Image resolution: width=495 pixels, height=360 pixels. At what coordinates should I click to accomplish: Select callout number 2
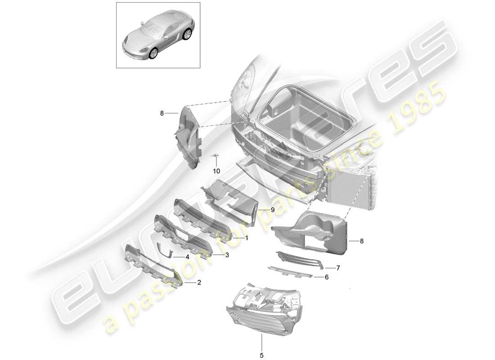click(x=199, y=283)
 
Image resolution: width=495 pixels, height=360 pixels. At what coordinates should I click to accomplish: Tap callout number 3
click(x=227, y=255)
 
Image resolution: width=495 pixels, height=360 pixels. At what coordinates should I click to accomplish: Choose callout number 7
click(x=338, y=267)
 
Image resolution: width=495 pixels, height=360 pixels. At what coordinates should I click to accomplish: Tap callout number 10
click(x=216, y=171)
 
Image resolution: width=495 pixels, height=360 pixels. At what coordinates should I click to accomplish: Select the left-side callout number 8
click(x=162, y=114)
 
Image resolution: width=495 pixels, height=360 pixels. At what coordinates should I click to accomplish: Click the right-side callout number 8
click(x=361, y=241)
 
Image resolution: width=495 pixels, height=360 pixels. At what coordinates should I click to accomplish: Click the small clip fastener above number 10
click(x=216, y=156)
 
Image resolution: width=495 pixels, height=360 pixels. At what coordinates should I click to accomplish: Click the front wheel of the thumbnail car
click(x=154, y=54)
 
